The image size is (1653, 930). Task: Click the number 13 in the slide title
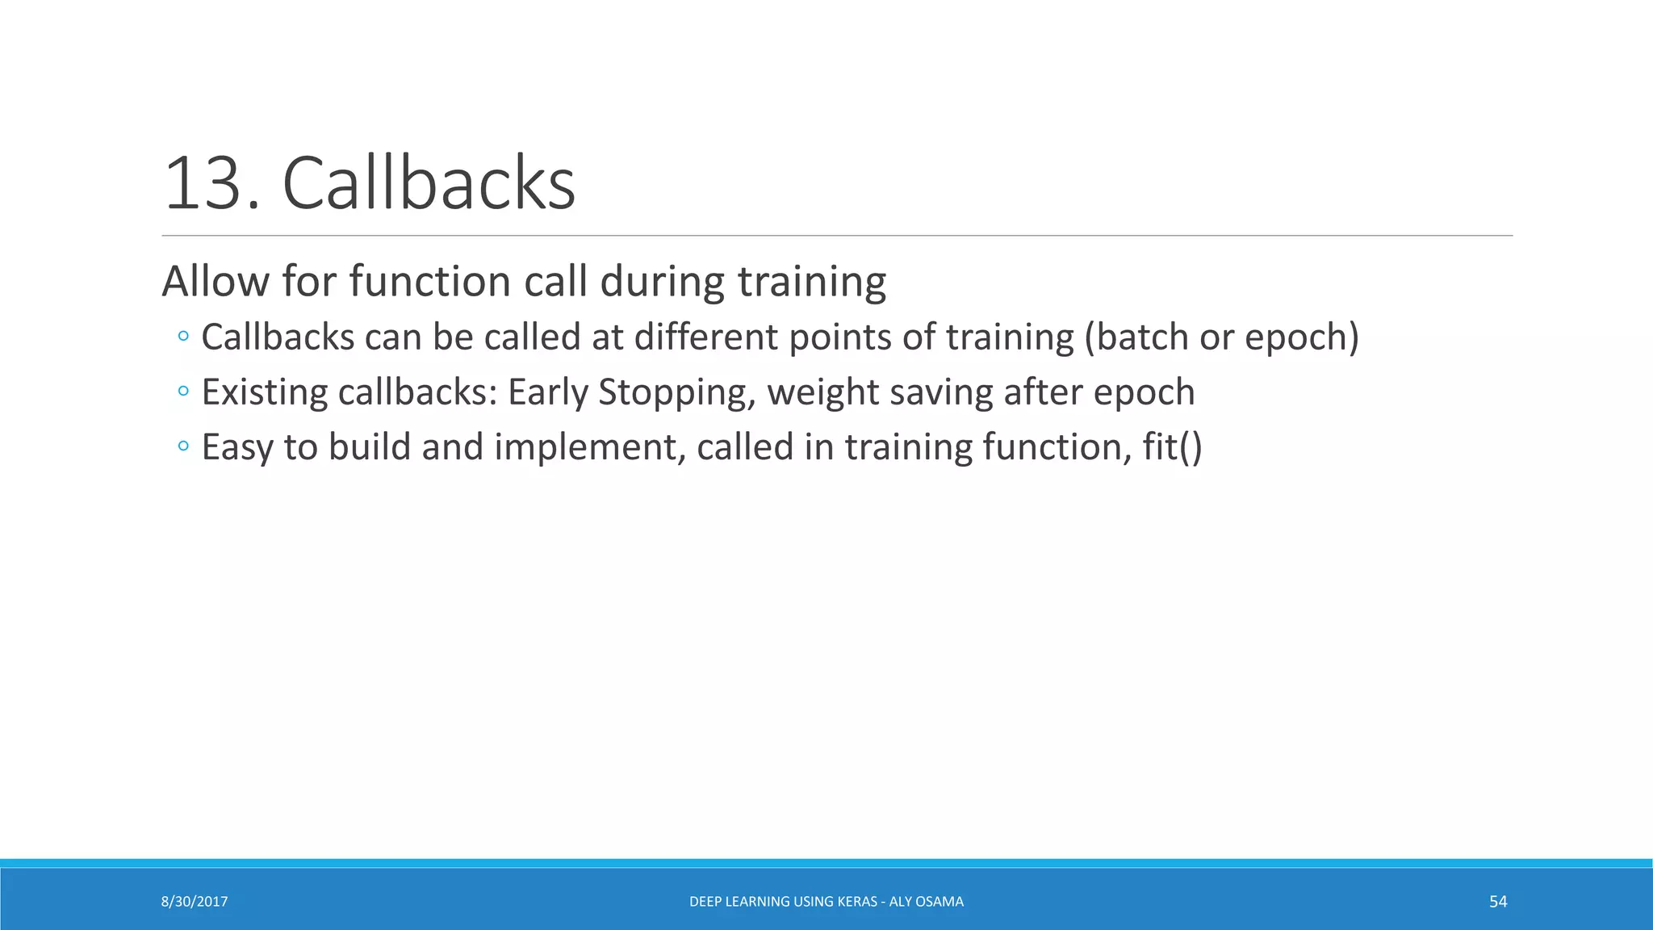tap(203, 184)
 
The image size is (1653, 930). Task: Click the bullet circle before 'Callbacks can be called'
tap(183, 336)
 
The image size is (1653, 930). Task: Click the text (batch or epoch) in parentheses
tap(1221, 337)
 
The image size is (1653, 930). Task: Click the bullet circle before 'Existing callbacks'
tap(183, 392)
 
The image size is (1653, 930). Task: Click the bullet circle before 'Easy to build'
tap(183, 446)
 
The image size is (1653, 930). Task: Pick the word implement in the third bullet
tap(589, 448)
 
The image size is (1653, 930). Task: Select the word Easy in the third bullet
tap(236, 448)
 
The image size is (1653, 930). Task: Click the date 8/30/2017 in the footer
tap(195, 902)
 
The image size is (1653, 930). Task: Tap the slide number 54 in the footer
tap(1498, 902)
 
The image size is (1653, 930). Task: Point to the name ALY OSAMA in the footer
tap(926, 902)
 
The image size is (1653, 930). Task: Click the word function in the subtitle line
tap(429, 282)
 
